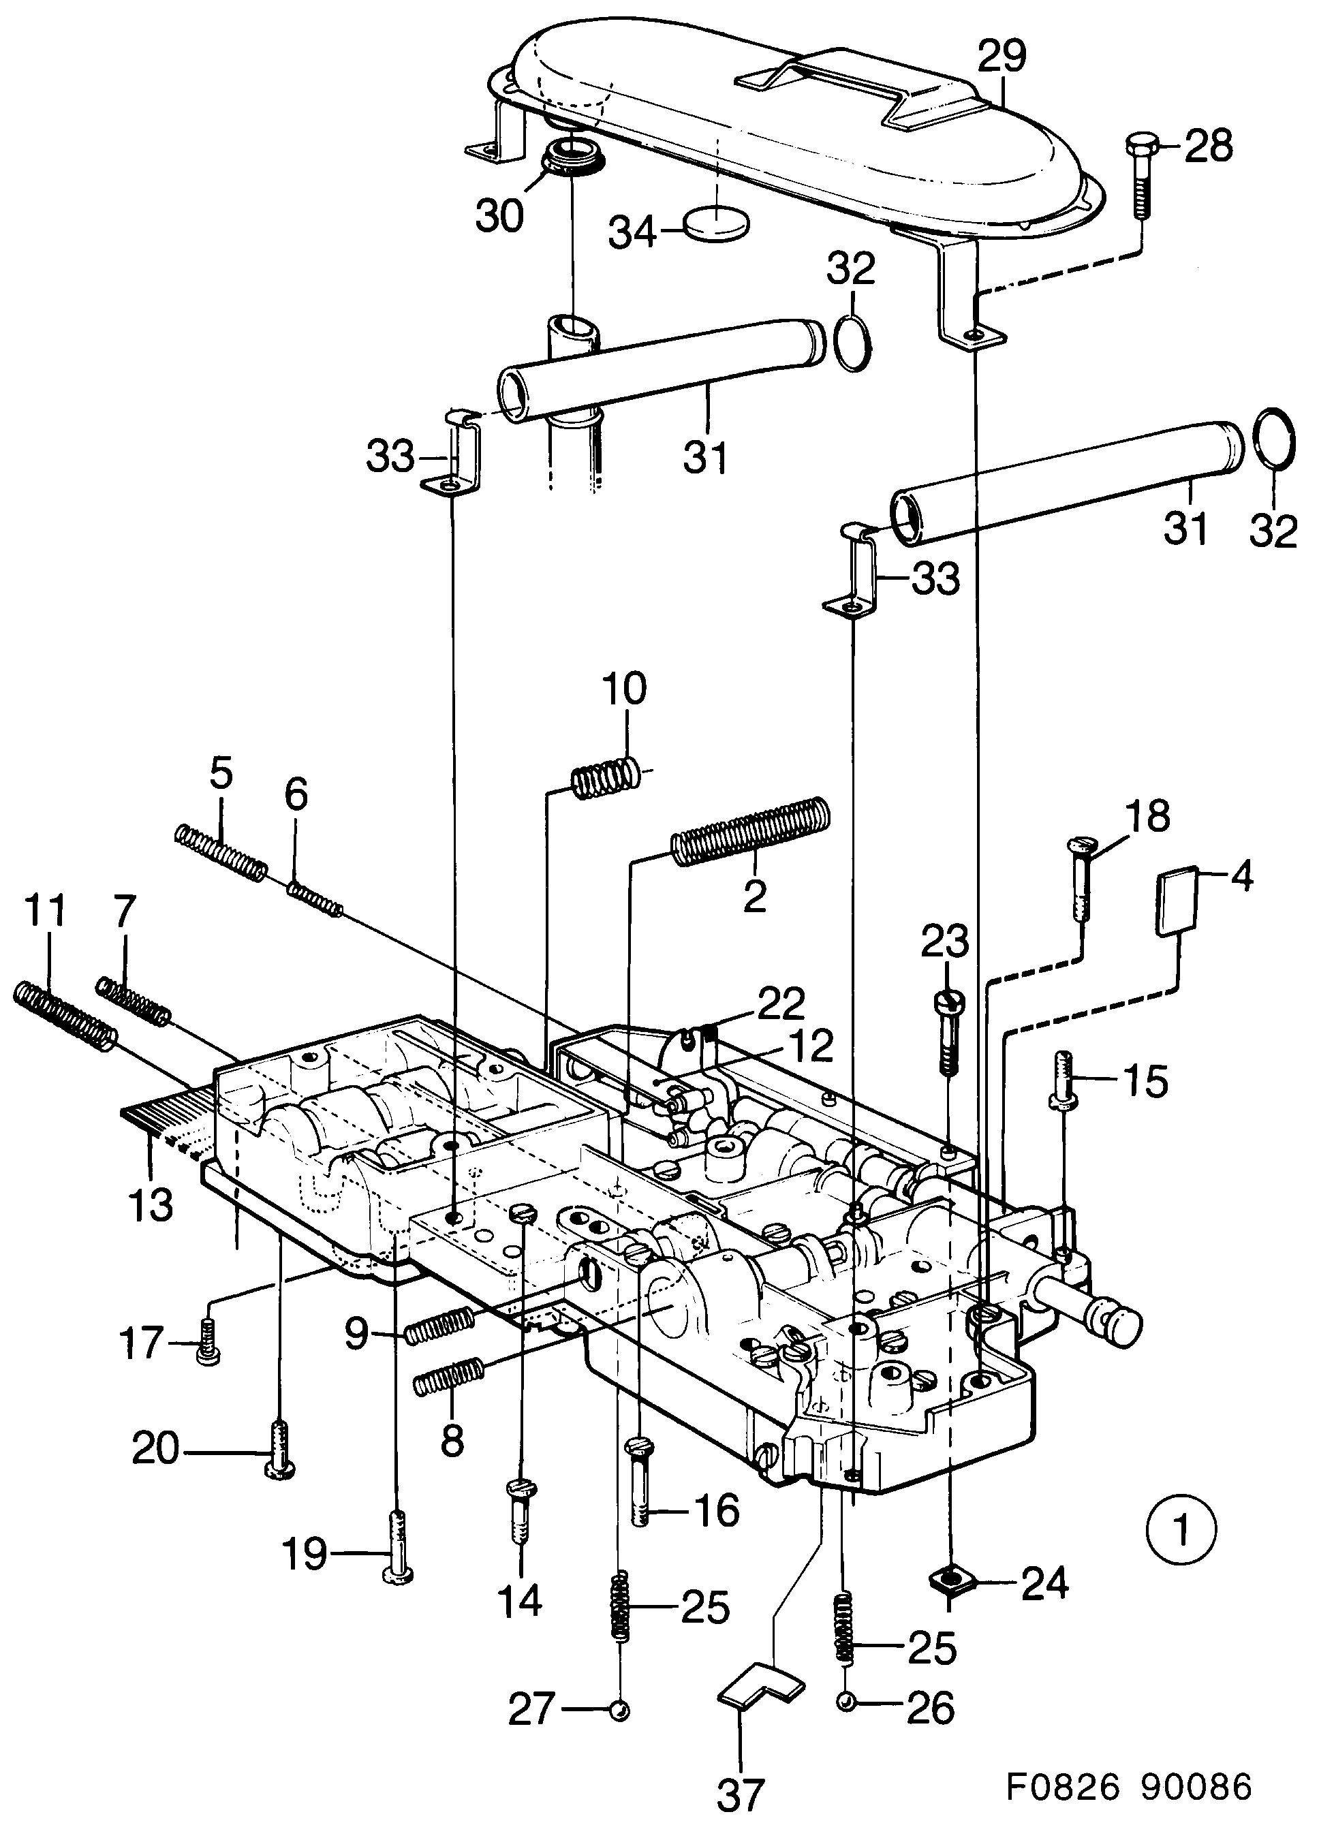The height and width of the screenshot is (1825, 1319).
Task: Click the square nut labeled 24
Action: click(952, 1582)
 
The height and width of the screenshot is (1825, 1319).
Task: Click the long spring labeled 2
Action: click(750, 831)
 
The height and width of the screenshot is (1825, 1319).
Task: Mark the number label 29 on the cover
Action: click(1002, 58)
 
